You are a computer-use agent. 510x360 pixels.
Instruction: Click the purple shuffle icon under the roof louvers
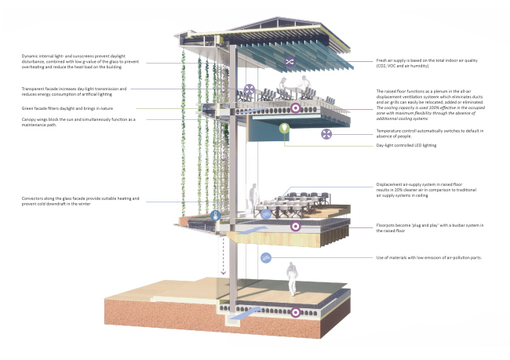coord(290,60)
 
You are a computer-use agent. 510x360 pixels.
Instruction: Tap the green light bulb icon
coord(284,126)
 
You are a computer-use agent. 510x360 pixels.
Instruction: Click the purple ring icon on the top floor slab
coord(295,108)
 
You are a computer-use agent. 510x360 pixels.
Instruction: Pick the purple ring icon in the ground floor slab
coord(295,312)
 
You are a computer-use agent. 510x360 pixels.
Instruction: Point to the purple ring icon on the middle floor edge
coord(295,227)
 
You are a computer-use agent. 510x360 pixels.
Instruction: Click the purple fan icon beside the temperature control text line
coord(326,134)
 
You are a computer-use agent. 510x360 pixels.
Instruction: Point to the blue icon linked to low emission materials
coord(268,257)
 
